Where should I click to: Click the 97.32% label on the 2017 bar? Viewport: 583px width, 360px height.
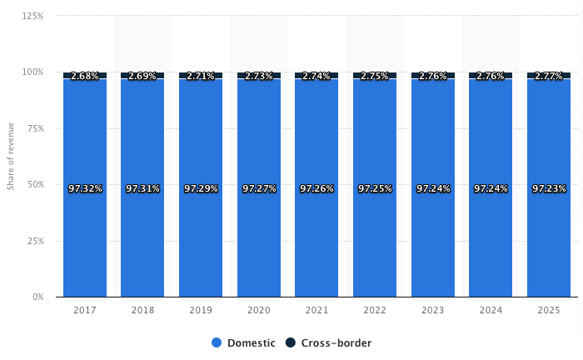coord(85,189)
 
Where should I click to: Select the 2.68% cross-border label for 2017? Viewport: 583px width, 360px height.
coord(85,76)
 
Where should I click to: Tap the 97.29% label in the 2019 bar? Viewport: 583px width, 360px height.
coord(201,189)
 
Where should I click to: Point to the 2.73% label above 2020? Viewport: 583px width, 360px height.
coord(259,76)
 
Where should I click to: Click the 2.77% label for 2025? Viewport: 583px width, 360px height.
coord(549,76)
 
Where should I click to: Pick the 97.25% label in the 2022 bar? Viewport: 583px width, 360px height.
coord(375,189)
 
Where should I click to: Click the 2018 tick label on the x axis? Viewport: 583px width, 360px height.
coord(142,310)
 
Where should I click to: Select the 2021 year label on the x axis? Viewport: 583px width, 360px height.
coord(316,310)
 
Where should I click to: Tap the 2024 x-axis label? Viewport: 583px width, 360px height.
coord(491,310)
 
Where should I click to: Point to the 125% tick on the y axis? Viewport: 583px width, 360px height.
coord(33,16)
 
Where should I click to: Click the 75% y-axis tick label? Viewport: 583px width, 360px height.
coord(36,128)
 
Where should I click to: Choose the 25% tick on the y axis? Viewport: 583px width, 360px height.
coord(36,241)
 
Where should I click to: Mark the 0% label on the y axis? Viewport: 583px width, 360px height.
coord(38,297)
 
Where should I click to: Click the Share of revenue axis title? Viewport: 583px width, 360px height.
coord(11,157)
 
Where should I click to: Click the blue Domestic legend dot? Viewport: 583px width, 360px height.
coord(217,343)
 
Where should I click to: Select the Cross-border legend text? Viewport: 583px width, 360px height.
coord(336,343)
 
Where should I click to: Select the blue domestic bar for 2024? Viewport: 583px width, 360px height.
coord(491,242)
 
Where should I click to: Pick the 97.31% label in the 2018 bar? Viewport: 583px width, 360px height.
coord(142,189)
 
